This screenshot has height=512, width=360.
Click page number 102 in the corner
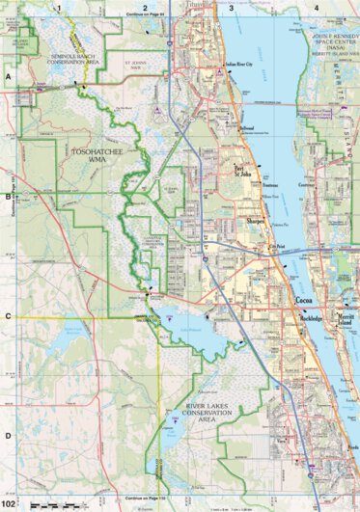(10, 503)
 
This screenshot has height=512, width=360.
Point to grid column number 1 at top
(59, 8)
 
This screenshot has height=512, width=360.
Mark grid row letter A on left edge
(7, 74)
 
